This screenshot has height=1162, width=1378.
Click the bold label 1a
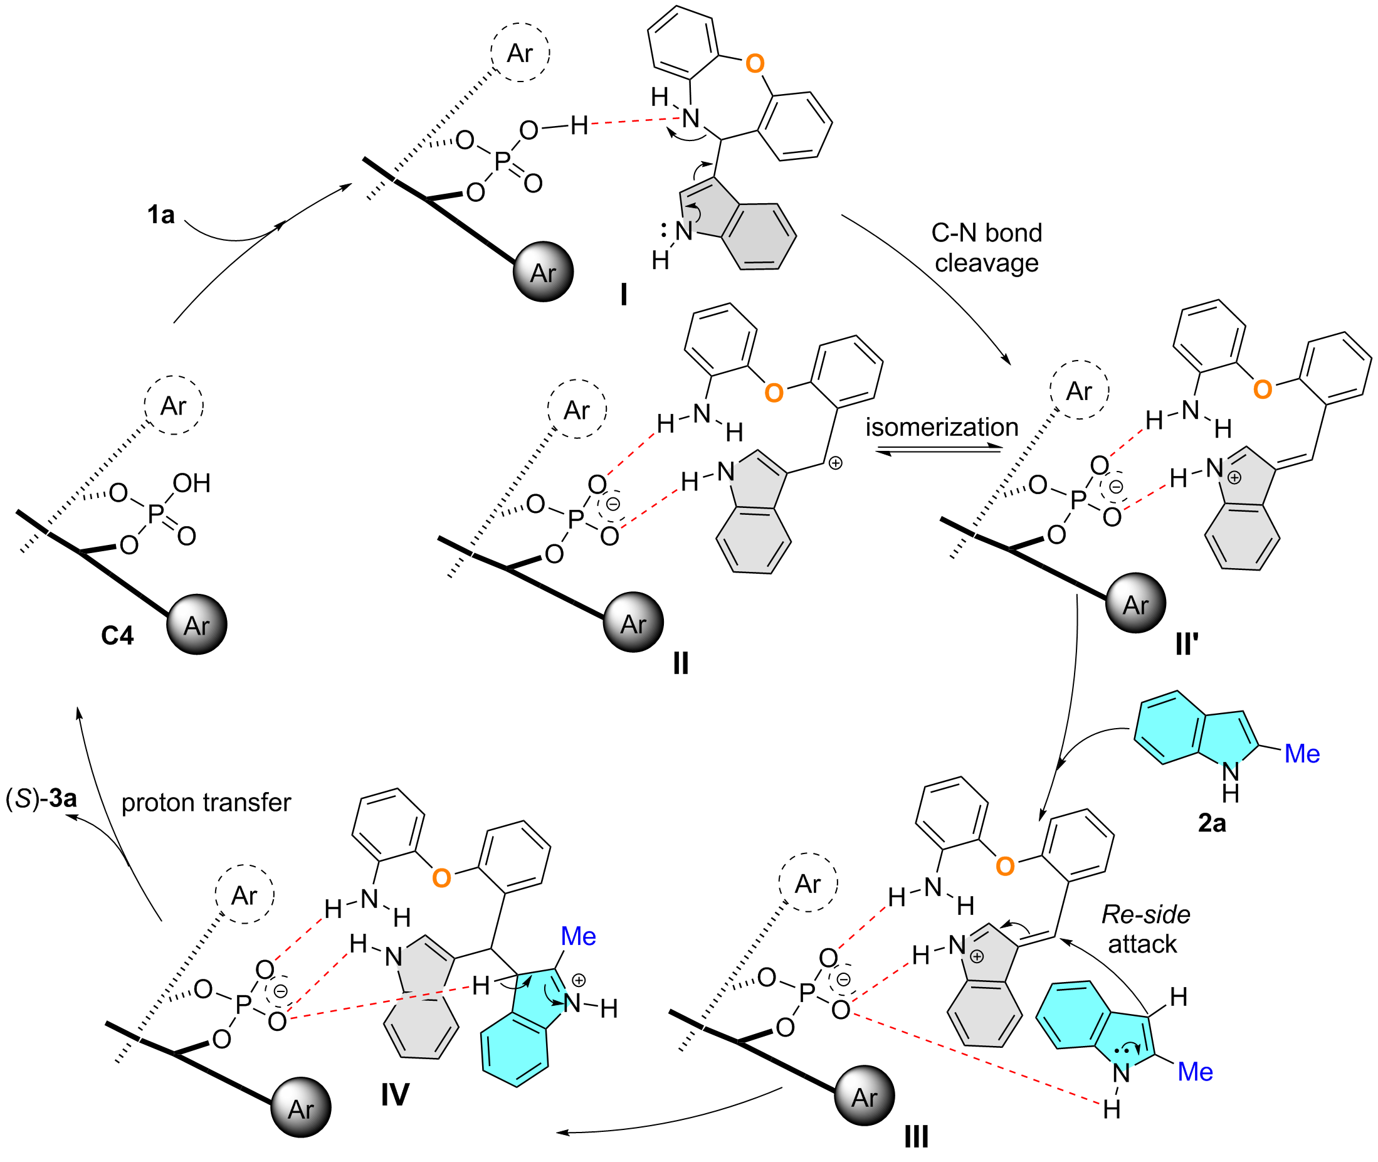(x=160, y=214)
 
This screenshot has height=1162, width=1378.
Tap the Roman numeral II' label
(x=1187, y=643)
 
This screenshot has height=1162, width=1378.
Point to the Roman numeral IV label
(x=395, y=1095)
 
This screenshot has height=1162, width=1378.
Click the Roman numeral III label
(x=917, y=1137)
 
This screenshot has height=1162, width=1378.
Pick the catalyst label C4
(x=117, y=636)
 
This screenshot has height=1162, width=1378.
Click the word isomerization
(x=942, y=427)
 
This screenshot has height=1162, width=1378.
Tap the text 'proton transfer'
(x=206, y=802)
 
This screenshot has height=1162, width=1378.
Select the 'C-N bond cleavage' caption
(x=986, y=248)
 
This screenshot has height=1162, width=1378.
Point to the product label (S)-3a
(x=41, y=798)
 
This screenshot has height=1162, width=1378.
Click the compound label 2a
(x=1212, y=823)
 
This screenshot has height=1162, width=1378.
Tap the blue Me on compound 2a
(x=1302, y=754)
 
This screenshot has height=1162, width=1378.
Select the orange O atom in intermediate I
(x=754, y=64)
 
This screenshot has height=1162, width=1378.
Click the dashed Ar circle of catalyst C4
(x=174, y=405)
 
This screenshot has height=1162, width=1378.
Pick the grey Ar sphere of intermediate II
(x=633, y=622)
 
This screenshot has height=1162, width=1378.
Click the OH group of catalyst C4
(x=192, y=483)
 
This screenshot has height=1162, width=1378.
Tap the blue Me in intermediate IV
(x=578, y=936)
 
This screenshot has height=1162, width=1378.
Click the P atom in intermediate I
(x=502, y=161)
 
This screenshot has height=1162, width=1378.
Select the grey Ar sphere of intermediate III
(x=865, y=1095)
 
